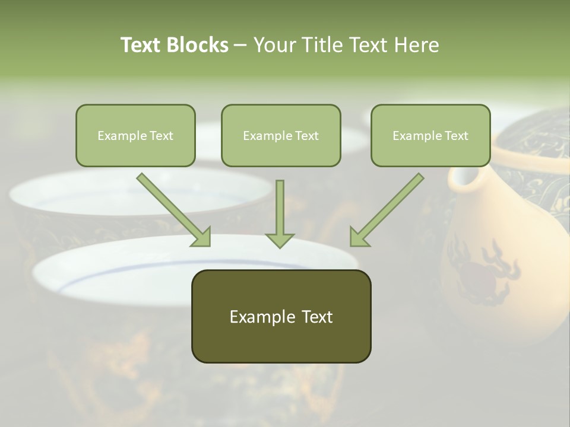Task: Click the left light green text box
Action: (x=135, y=135)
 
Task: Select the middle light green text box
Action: (x=281, y=135)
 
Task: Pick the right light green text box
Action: (x=430, y=135)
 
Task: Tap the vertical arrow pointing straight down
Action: (x=280, y=213)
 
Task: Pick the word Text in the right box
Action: (x=456, y=136)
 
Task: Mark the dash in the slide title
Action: (x=240, y=46)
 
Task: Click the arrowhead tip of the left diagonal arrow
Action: (x=210, y=245)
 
